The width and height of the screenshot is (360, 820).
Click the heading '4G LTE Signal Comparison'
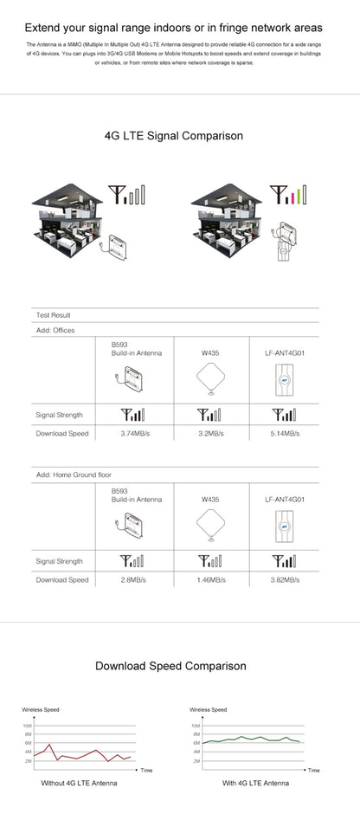point(173,136)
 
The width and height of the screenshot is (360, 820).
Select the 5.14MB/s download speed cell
point(285,432)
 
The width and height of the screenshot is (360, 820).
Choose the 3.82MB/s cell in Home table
point(285,579)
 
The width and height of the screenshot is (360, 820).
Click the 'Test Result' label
point(53,315)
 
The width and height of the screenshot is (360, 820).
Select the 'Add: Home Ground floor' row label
point(74,475)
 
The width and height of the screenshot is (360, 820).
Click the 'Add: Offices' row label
point(55,330)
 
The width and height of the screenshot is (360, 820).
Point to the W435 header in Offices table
point(210,352)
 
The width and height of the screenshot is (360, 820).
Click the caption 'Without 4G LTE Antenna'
point(79,783)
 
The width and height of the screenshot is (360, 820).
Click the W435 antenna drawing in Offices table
point(211,381)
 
